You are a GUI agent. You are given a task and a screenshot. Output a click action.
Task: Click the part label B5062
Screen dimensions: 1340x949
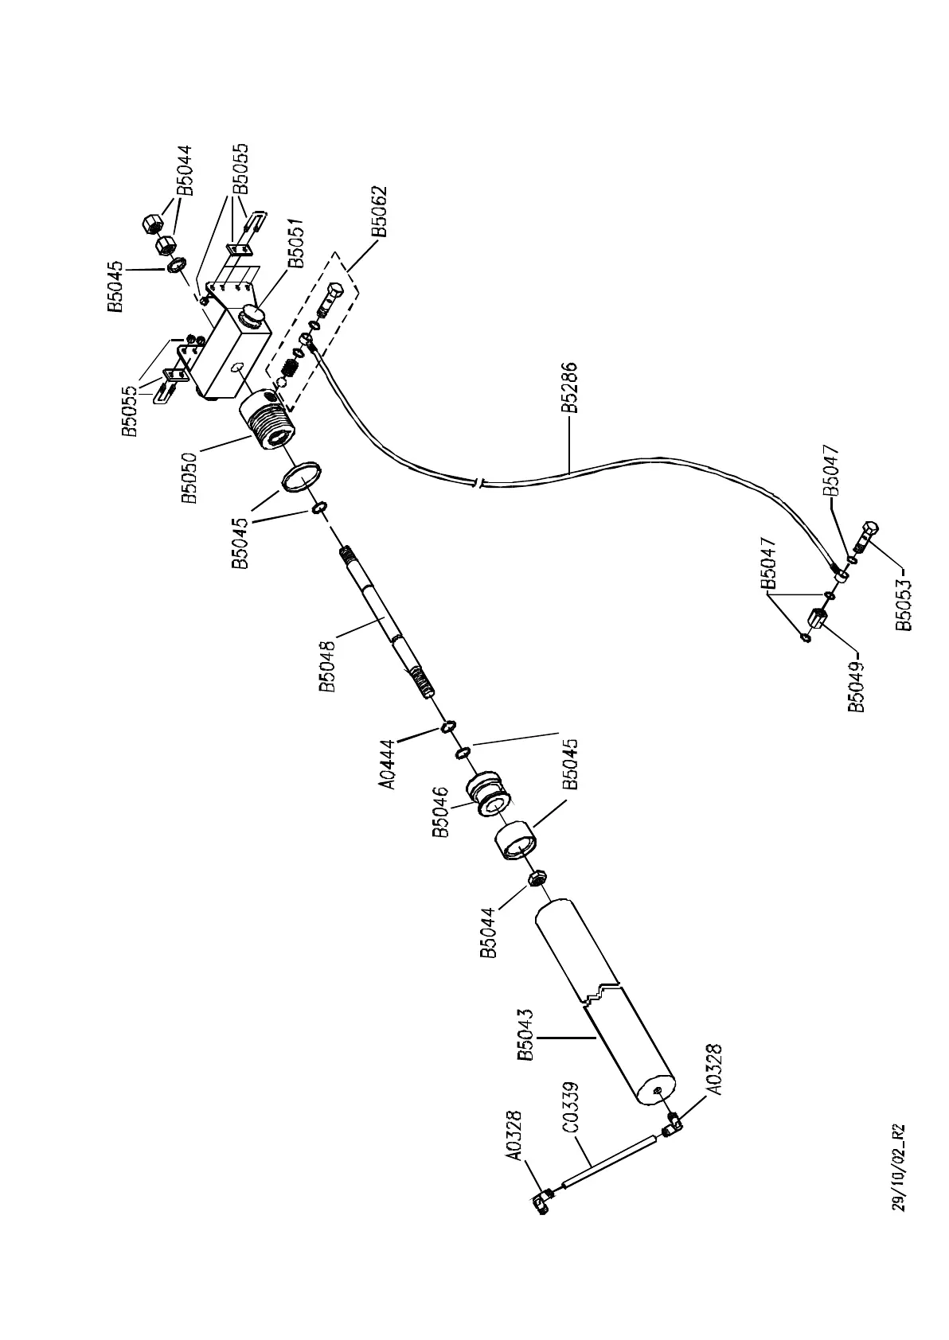click(380, 212)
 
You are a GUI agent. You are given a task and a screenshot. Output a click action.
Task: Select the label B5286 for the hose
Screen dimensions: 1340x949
click(569, 388)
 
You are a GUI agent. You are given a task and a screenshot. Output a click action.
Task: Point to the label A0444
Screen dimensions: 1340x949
click(388, 764)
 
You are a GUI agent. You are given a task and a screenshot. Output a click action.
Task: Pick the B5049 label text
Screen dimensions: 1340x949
click(857, 685)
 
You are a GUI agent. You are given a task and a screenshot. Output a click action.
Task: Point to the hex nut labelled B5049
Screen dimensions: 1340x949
click(816, 617)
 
